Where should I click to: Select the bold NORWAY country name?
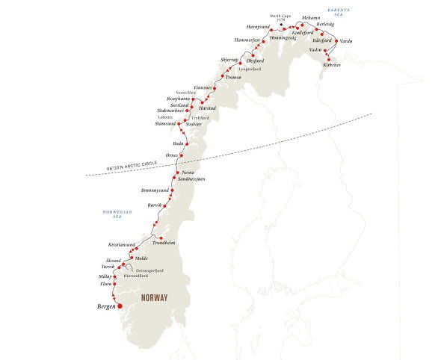153,297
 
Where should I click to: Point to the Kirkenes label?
333,65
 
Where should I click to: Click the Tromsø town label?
235,77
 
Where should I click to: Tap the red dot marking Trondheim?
161,237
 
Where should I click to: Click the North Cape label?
280,15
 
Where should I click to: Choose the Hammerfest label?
245,39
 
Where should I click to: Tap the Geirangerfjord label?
149,270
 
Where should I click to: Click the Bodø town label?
177,142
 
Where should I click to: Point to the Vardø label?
345,41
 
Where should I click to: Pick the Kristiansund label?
122,245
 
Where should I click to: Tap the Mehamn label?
311,17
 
